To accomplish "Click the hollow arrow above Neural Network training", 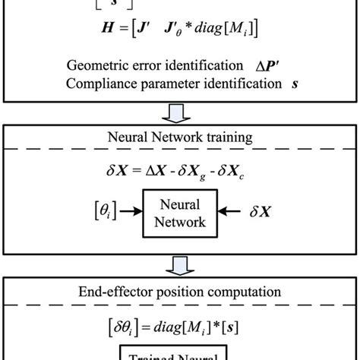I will tap(179, 114).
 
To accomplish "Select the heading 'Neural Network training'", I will tap(180, 139).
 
